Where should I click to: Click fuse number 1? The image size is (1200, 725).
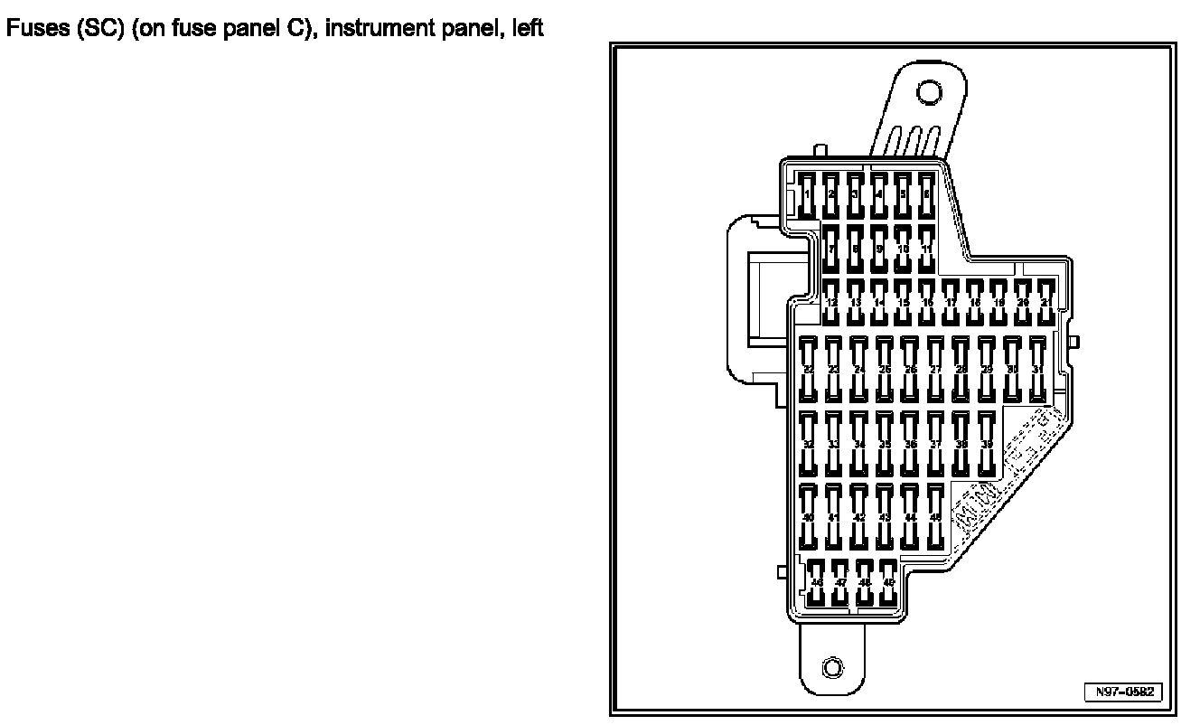[808, 194]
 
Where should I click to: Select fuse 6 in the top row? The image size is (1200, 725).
[925, 194]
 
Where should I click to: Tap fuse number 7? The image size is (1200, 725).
[831, 248]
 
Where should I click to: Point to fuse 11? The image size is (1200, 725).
[925, 248]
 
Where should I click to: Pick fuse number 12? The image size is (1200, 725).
[831, 301]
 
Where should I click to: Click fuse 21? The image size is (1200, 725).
[1045, 301]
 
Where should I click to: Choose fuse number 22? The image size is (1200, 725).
[809, 369]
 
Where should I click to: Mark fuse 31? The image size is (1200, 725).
[1037, 369]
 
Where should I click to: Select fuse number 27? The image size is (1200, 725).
[935, 369]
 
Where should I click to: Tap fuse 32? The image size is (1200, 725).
[809, 444]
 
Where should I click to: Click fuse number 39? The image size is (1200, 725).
[987, 444]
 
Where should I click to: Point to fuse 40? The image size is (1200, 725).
[809, 516]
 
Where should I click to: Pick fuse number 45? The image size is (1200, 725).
[935, 516]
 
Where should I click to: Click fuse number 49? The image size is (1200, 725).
[888, 583]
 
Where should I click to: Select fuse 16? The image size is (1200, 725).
[926, 301]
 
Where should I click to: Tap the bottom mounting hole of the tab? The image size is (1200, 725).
[832, 668]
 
